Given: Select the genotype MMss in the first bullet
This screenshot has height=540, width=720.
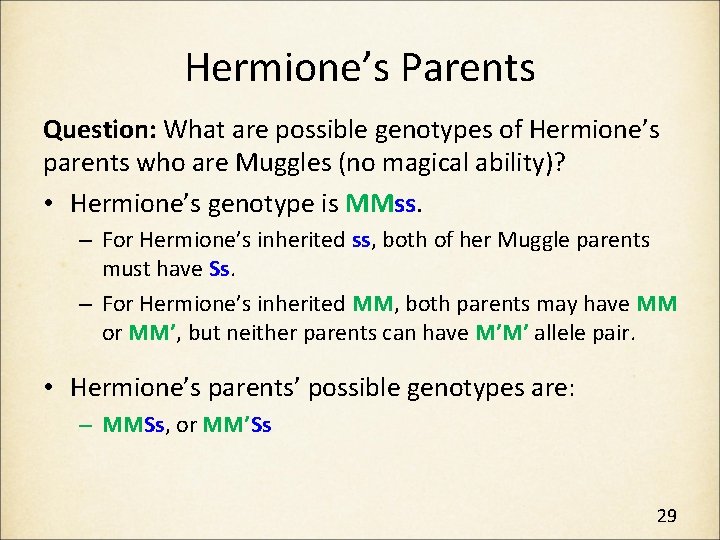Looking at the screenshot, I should (x=384, y=204).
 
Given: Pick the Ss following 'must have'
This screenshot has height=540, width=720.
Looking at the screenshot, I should (x=221, y=269).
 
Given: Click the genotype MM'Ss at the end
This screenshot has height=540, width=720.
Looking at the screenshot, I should (x=236, y=424).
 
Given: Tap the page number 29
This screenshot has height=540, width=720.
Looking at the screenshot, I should (x=667, y=516).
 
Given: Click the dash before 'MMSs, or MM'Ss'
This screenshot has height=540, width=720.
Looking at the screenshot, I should (x=87, y=424).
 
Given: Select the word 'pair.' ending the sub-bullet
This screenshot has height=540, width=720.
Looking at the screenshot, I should (x=617, y=332).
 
